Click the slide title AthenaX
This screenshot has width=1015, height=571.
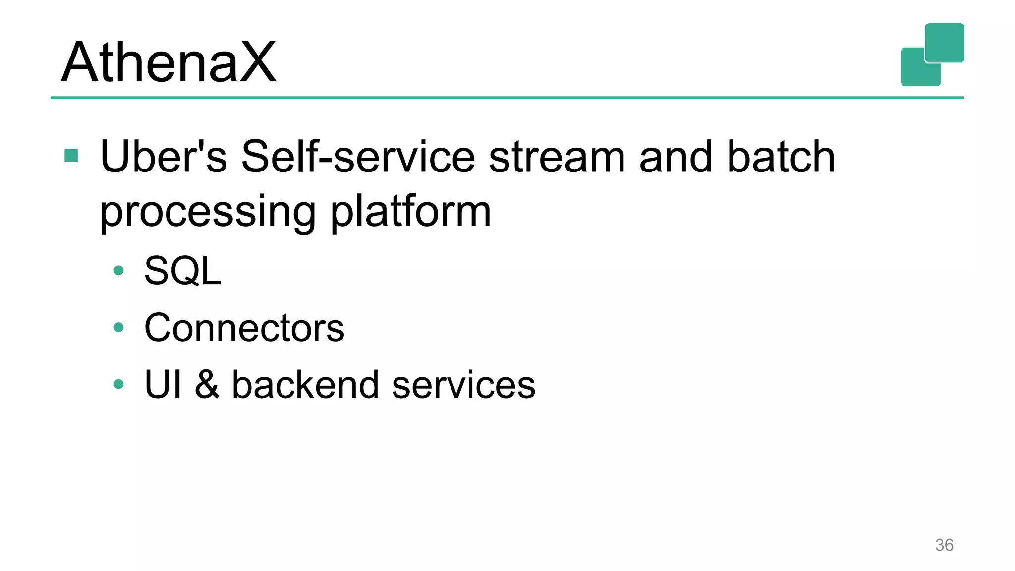coord(169,62)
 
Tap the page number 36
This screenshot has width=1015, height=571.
coord(944,545)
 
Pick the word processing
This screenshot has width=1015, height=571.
coord(208,212)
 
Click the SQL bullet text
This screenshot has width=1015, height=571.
coord(182,271)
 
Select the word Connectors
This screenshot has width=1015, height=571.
coord(244,328)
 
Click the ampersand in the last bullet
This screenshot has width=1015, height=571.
coord(207,385)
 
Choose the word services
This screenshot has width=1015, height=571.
coord(463,385)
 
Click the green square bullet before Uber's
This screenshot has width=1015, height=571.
coord(71,156)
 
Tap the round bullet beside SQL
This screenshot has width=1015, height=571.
coord(118,271)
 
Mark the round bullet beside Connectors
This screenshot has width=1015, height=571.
coord(118,327)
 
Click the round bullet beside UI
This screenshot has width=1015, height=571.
coord(118,384)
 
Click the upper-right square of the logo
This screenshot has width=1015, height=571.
coord(945,42)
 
